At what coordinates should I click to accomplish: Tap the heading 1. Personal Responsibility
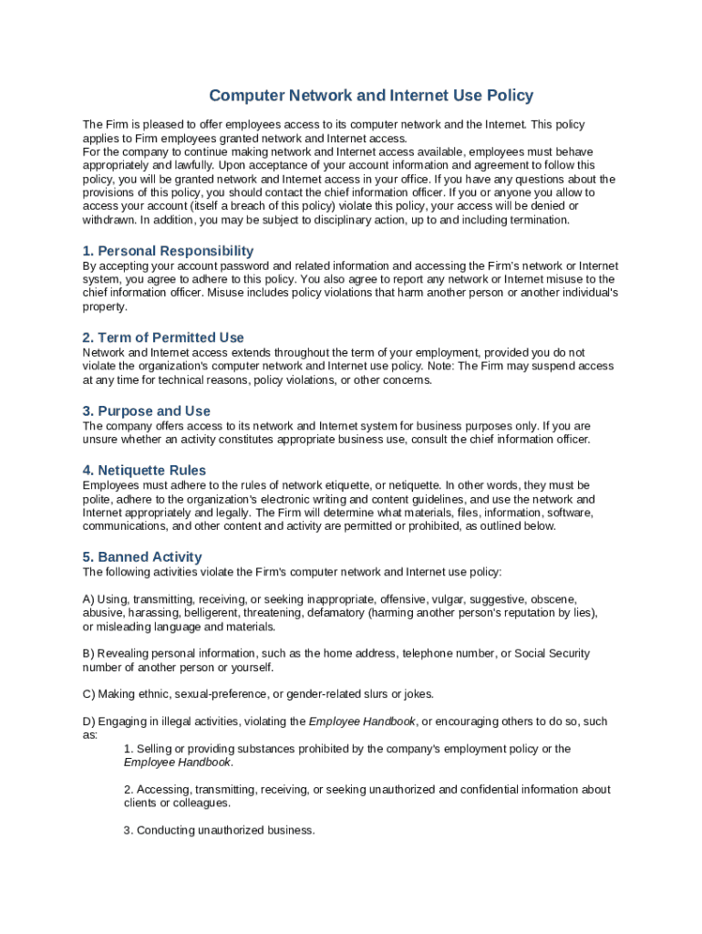(168, 251)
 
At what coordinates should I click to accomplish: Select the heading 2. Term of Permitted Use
(163, 337)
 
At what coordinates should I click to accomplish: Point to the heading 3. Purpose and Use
(146, 411)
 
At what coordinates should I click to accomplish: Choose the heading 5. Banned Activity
(142, 557)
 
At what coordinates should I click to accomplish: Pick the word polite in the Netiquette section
(98, 500)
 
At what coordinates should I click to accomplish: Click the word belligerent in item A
(207, 613)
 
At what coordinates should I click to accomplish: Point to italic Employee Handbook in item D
(362, 721)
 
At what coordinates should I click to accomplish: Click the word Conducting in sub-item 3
(165, 830)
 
